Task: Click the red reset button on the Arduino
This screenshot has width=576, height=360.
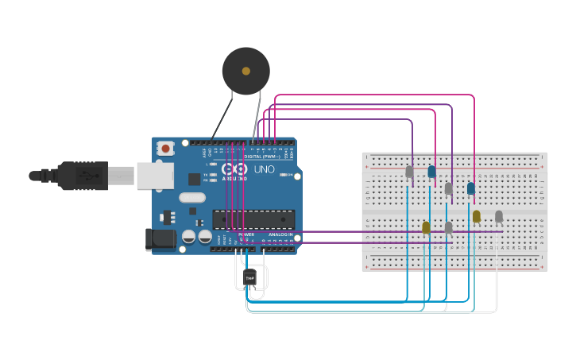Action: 165,148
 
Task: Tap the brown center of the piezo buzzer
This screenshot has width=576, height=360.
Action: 246,72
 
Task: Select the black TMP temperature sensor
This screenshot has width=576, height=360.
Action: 249,277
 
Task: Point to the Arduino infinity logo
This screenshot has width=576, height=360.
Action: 234,169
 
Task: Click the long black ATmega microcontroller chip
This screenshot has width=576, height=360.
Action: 253,219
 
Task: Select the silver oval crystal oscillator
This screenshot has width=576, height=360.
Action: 192,197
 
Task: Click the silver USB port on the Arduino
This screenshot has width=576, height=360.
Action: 155,176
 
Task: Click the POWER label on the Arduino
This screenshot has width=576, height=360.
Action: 246,235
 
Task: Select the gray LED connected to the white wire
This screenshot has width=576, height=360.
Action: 499,216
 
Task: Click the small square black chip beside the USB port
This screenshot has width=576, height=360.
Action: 194,180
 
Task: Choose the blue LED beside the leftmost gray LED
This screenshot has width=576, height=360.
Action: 431,172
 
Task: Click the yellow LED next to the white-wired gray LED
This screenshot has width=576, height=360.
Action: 477,216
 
